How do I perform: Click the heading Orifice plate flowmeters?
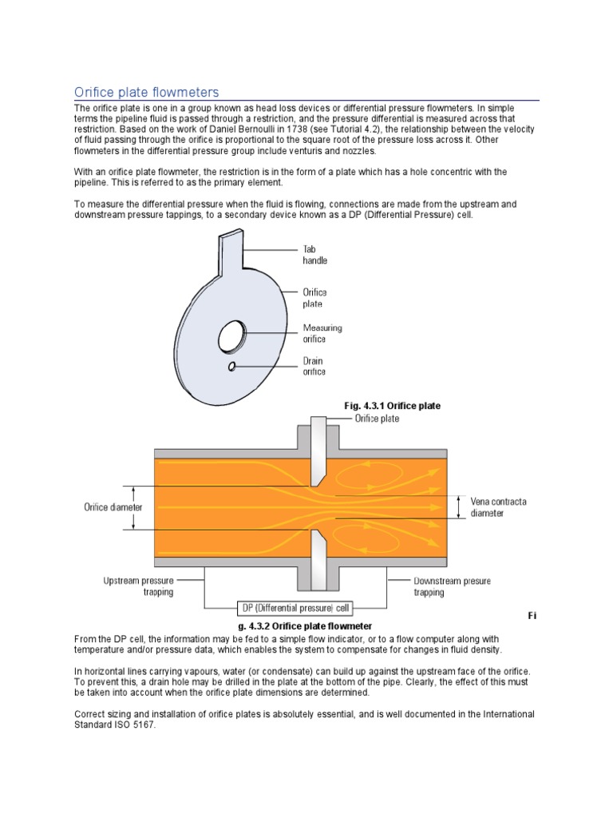coord(146,93)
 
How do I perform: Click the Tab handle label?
coord(314,254)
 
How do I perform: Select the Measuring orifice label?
coord(322,333)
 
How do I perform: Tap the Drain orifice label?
coord(314,366)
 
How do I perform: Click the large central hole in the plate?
coord(231,333)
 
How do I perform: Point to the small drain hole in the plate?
coord(231,366)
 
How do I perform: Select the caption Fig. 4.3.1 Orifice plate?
coord(392,406)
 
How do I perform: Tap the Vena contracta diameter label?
coord(498,506)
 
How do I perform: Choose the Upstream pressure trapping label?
coord(138,586)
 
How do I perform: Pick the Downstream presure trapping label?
coord(452,586)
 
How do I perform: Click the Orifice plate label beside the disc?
coord(314,297)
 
